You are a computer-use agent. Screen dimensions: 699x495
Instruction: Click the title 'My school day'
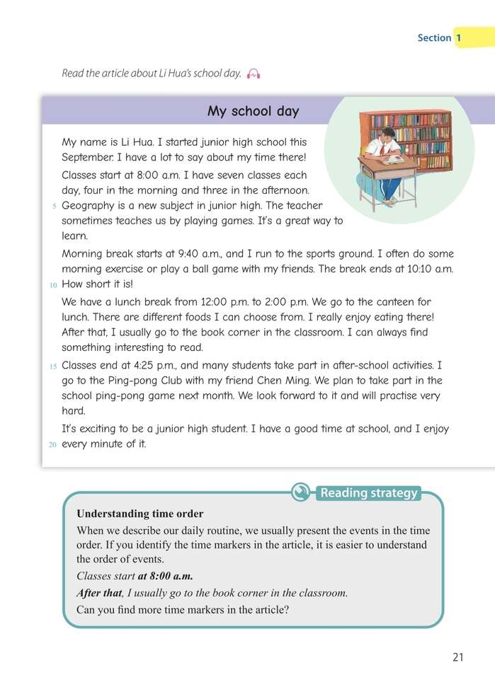point(253,112)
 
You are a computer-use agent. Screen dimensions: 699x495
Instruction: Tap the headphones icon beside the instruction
point(254,74)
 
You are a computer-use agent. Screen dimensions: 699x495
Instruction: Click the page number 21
point(457,657)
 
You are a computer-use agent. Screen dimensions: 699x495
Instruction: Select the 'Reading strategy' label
point(369,493)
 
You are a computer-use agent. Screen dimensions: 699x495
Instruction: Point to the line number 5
point(55,207)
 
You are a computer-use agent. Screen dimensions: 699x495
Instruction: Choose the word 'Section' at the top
point(433,38)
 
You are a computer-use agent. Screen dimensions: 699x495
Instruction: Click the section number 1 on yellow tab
point(458,37)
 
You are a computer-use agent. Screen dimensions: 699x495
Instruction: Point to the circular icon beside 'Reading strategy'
point(302,492)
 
